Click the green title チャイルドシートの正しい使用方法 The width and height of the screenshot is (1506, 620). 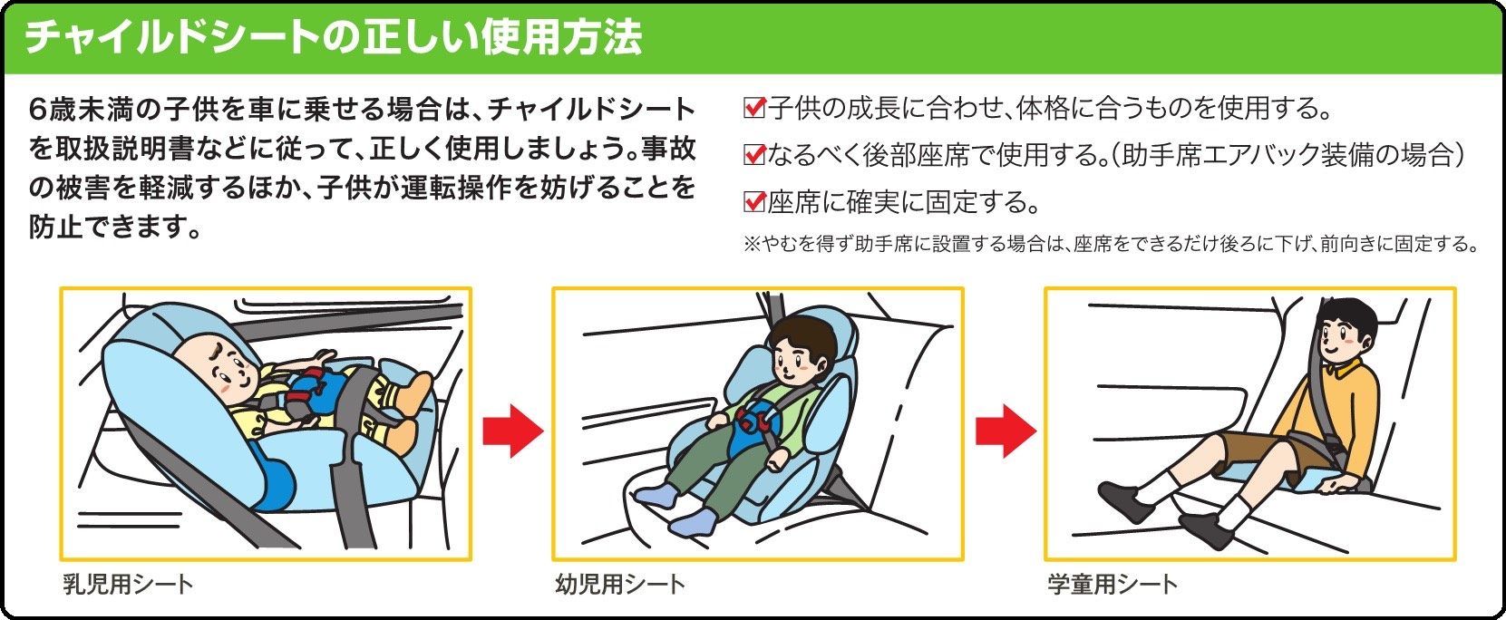click(x=334, y=38)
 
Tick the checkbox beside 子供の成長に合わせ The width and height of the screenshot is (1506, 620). click(x=754, y=108)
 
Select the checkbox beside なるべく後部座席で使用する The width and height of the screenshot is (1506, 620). click(x=754, y=155)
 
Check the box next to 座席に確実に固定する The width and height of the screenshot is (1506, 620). click(x=754, y=201)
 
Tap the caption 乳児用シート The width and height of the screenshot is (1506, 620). click(x=128, y=585)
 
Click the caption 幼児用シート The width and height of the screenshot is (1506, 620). click(x=620, y=585)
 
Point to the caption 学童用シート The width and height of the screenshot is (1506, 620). click(x=1112, y=585)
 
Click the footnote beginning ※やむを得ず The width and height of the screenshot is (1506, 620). click(x=1111, y=244)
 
